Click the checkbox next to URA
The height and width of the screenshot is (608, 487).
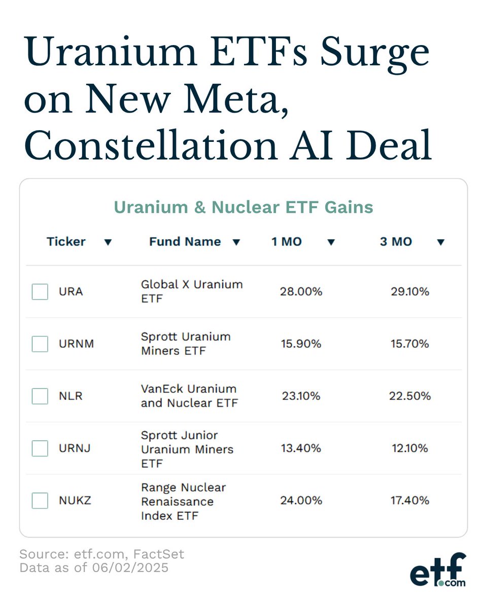coord(40,292)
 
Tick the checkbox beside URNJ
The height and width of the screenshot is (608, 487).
coord(40,448)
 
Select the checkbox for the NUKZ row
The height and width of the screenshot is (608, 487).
coord(40,501)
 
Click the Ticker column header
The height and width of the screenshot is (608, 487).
coord(66,242)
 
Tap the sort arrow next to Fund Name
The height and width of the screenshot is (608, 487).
coord(236,242)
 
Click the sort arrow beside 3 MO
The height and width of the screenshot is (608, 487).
coord(440,242)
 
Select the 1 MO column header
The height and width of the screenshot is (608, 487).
coord(287,242)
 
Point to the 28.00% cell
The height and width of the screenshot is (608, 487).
coord(301,292)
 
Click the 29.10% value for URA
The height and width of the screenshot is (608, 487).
coord(409,292)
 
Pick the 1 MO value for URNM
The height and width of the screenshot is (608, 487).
coord(301,344)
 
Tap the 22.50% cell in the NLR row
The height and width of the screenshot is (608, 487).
coord(410,396)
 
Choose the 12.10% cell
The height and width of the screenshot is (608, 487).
coord(409,448)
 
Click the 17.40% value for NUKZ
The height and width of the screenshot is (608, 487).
coord(409,501)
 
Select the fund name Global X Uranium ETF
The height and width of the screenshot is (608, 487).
coord(192,292)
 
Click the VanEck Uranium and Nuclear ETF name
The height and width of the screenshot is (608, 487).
coord(189,396)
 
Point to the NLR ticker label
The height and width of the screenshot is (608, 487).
coord(71,396)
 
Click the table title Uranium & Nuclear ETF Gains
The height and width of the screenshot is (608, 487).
coord(243,207)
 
